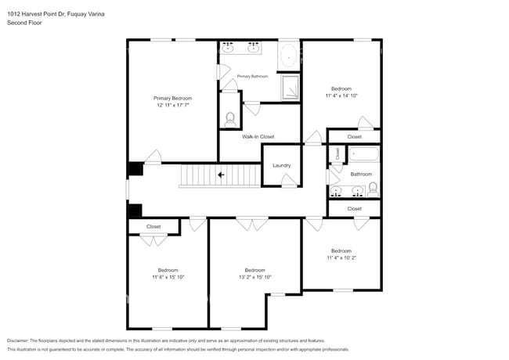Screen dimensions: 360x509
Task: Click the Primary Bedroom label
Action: [172, 98]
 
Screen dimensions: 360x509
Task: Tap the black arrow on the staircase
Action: [222, 175]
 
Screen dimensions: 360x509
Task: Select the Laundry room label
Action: [282, 165]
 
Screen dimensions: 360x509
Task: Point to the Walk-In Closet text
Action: [258, 137]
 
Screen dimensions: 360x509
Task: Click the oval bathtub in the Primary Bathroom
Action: [289, 56]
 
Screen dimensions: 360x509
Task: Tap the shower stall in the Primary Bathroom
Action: [290, 88]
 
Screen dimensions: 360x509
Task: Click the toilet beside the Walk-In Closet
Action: [230, 119]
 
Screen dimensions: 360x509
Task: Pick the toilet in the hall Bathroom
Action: [373, 189]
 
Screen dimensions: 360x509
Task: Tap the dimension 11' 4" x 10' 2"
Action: [341, 257]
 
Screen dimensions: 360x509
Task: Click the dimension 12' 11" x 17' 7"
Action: [172, 105]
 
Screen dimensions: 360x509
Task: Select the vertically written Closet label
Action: [338, 153]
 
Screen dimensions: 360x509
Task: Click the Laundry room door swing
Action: [289, 182]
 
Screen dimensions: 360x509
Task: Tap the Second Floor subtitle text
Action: [25, 23]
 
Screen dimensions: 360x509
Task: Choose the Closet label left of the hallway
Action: [153, 226]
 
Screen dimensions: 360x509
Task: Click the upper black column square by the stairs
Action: [135, 169]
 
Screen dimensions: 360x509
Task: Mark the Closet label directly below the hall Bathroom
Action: [354, 209]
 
